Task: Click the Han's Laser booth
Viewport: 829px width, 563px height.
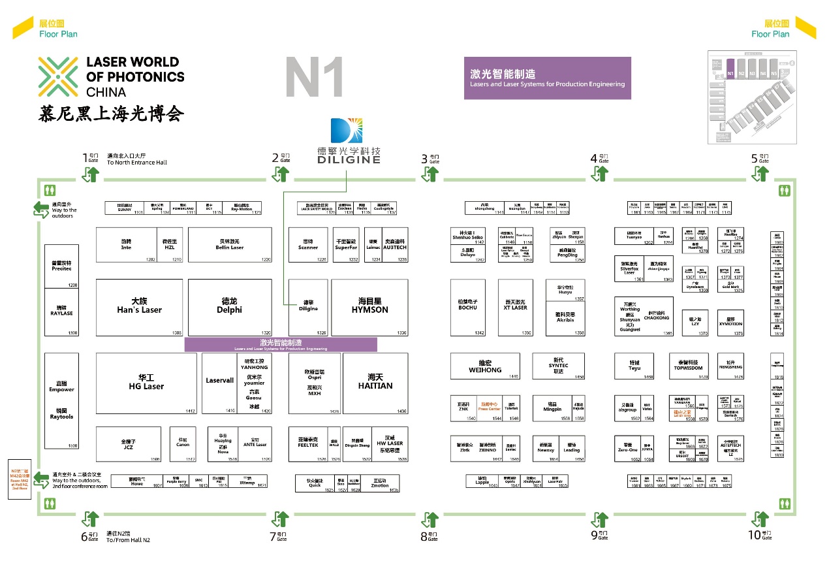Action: [138, 307]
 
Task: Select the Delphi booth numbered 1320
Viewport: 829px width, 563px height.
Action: [230, 307]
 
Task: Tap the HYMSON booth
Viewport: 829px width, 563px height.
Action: [369, 307]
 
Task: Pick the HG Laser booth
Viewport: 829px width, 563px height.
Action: [146, 383]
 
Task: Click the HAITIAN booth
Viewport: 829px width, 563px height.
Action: [375, 383]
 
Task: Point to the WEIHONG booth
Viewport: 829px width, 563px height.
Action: [485, 366]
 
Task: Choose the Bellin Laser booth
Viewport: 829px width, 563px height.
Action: [230, 245]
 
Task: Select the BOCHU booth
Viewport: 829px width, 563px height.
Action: [467, 308]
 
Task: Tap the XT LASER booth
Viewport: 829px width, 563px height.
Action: [515, 308]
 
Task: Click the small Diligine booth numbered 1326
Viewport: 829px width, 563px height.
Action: [308, 308]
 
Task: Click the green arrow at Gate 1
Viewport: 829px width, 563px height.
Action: [89, 174]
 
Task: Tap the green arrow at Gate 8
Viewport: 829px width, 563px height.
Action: [430, 520]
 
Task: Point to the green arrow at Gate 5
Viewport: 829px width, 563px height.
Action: [760, 174]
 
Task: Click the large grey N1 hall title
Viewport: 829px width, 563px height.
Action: [314, 78]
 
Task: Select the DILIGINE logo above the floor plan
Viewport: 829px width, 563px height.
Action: [349, 140]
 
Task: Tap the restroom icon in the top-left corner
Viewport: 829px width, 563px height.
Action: [51, 191]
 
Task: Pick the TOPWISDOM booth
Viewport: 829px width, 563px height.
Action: [689, 366]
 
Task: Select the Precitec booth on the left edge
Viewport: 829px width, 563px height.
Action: [61, 266]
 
